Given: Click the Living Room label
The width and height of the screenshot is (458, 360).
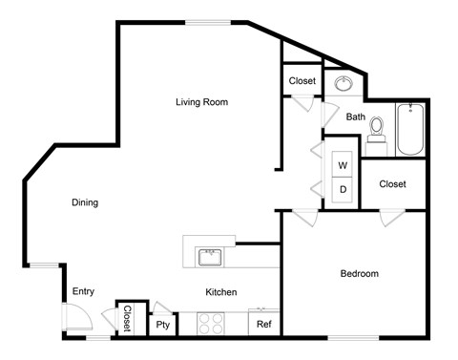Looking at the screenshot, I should [201, 101].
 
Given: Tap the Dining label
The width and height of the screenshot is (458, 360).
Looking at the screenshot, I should [84, 202].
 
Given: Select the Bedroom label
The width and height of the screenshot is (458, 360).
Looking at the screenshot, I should [359, 274].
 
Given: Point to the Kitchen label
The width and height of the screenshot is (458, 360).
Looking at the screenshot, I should [220, 292].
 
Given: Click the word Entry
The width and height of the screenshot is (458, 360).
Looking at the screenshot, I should [83, 292].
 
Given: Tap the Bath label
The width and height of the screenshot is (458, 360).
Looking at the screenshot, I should [355, 117].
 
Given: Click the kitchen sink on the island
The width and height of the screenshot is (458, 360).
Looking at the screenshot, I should [209, 257].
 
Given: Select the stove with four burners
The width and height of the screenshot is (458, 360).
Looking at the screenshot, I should [210, 325].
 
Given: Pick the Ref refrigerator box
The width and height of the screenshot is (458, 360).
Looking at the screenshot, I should [263, 325].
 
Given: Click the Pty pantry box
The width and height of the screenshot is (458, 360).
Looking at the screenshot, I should [163, 325].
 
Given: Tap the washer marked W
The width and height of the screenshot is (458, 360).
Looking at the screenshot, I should [343, 166].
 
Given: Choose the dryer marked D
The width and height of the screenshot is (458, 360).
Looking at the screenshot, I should [343, 189].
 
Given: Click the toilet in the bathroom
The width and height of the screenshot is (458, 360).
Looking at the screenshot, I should [376, 129].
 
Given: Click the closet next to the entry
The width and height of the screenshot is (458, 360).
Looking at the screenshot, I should [126, 319].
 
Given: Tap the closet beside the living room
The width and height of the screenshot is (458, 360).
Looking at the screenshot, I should [302, 81].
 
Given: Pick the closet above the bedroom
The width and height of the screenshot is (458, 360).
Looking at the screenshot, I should [392, 184].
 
